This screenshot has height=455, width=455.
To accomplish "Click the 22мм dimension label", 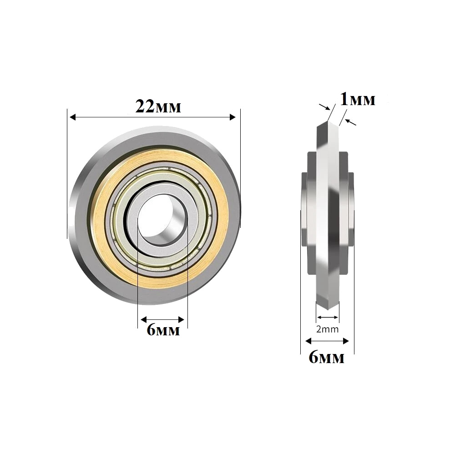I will pyautogui.click(x=158, y=107).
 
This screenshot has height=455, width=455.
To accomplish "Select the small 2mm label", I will pyautogui.click(x=328, y=329).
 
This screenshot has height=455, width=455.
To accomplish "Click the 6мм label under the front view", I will pyautogui.click(x=163, y=330).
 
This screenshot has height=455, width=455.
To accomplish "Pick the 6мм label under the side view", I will pyautogui.click(x=326, y=358).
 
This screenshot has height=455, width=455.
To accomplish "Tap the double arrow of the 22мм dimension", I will pyautogui.click(x=152, y=117).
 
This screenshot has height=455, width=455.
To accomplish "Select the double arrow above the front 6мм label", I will pyautogui.click(x=162, y=319).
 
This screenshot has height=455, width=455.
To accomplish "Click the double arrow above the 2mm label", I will pyautogui.click(x=328, y=317).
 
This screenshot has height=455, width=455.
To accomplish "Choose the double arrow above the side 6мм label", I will pyautogui.click(x=327, y=341).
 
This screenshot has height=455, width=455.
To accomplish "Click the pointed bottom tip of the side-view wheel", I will pyautogui.click(x=328, y=308).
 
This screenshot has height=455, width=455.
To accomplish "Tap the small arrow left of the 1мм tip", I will pyautogui.click(x=324, y=107).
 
